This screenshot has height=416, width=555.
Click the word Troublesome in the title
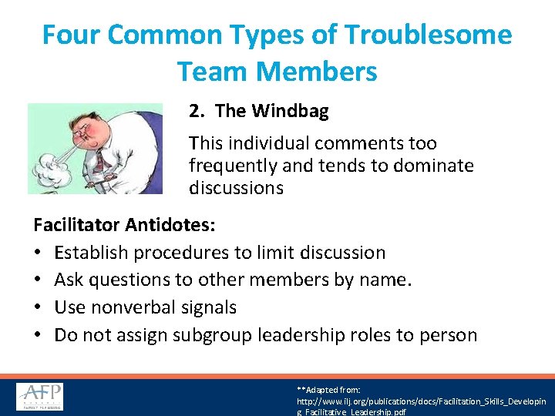click(x=428, y=35)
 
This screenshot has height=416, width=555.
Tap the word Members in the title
click(x=317, y=72)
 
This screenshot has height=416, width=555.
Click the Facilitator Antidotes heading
click(x=124, y=225)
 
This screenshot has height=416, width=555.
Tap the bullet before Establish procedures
click(x=38, y=253)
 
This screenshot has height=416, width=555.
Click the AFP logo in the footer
click(x=40, y=396)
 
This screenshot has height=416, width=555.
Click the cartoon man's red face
click(x=85, y=127)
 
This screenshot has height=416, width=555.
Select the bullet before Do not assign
click(x=38, y=335)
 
